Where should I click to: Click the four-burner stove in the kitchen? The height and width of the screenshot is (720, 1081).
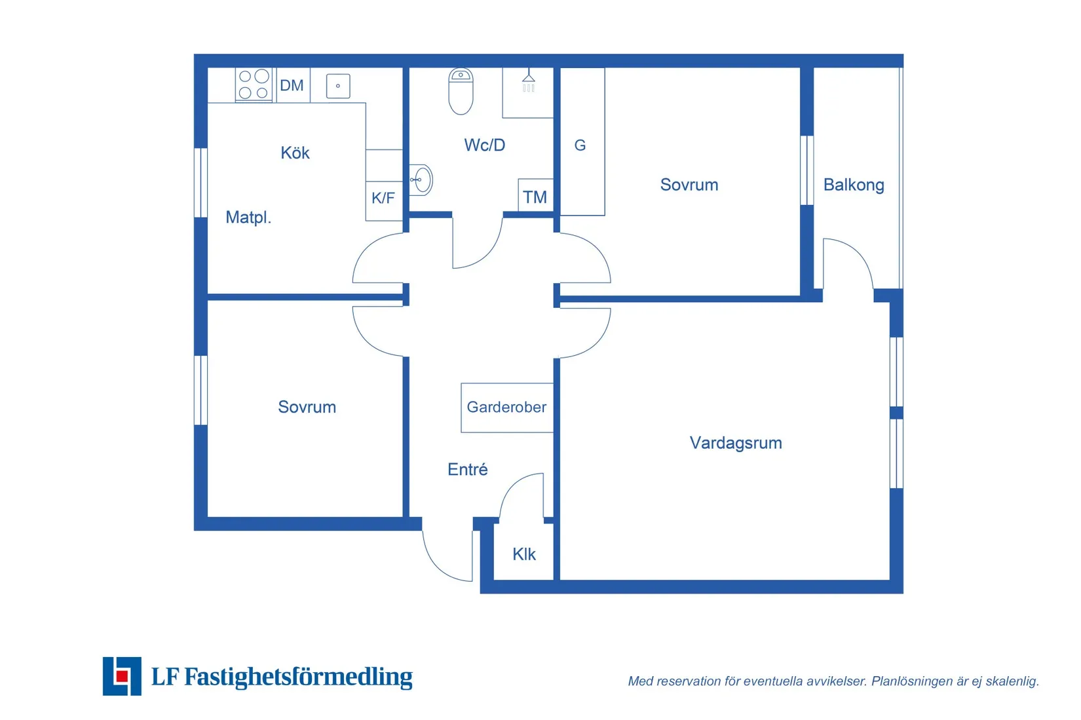pos(254,85)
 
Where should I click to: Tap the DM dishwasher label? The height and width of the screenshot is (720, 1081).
pos(292,85)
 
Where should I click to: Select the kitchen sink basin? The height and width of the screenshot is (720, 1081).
pos(338,86)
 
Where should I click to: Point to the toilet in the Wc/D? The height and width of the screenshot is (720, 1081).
pos(461,91)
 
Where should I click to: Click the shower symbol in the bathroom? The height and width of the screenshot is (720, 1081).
pos(529,80)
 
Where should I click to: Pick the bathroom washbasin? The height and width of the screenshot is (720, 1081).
pos(421,180)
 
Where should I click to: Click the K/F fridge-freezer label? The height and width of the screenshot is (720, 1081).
pos(383,198)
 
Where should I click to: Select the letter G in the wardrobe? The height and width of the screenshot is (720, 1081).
pos(580,145)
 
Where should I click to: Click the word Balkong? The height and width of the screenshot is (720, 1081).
pos(854,185)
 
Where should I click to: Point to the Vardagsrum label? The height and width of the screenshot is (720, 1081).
pos(736,443)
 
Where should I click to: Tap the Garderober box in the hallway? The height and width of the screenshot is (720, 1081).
pos(507,407)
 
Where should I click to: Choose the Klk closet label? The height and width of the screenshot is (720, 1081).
pos(524,554)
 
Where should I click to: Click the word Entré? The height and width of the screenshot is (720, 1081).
pos(468,469)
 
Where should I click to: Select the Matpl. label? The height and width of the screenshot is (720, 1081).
pos(248,218)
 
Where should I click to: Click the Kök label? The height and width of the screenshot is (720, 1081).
pos(295,153)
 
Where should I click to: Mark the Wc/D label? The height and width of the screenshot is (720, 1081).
pos(485,145)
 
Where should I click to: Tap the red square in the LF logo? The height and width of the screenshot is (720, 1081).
pos(122,675)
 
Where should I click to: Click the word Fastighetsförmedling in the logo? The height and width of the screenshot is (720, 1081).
pos(299,677)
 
